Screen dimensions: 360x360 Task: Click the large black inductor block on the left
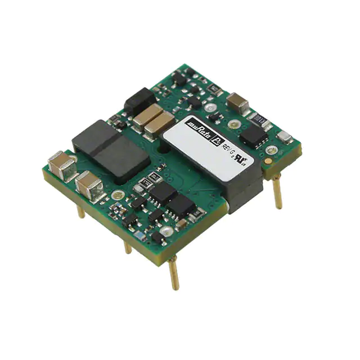(110, 149)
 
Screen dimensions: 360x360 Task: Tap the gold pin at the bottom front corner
(173, 273)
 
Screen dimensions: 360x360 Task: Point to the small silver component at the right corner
(285, 136)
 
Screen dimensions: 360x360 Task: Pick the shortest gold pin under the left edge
(80, 211)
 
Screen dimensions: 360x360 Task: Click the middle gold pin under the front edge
(128, 246)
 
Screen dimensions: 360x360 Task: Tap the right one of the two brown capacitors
(160, 124)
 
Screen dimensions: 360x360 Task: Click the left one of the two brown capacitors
(145, 116)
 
